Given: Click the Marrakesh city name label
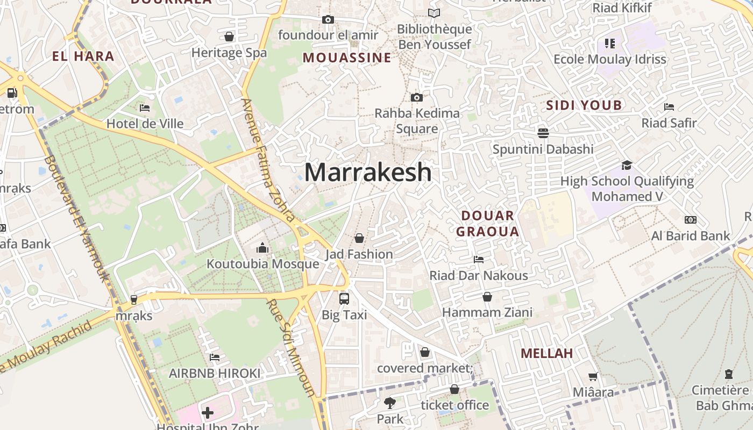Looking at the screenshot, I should click(x=368, y=173).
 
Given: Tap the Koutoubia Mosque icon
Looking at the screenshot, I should click(x=262, y=248).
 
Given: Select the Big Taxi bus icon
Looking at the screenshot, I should click(x=344, y=299).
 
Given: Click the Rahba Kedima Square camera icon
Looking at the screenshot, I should click(x=416, y=97).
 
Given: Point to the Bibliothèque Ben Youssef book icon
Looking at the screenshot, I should click(x=434, y=13).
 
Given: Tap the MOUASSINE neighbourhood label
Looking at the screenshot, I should click(x=347, y=58).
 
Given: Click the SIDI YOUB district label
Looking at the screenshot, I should click(x=584, y=105).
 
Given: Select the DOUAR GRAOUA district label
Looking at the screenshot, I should click(x=490, y=224).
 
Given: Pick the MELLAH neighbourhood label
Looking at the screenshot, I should click(x=546, y=353).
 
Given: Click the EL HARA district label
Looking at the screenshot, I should click(x=83, y=56).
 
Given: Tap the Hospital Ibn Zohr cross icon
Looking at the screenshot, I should click(x=208, y=413).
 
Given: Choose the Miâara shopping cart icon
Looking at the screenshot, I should click(x=593, y=377).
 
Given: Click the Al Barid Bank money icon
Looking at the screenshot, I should click(x=690, y=220).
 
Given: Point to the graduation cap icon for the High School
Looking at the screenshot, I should click(x=627, y=165).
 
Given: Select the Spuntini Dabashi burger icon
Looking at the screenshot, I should click(x=543, y=133).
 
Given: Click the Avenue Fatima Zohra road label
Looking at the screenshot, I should click(x=268, y=160).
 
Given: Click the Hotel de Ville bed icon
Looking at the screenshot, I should click(x=144, y=107).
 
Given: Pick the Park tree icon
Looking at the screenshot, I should click(x=389, y=403).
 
